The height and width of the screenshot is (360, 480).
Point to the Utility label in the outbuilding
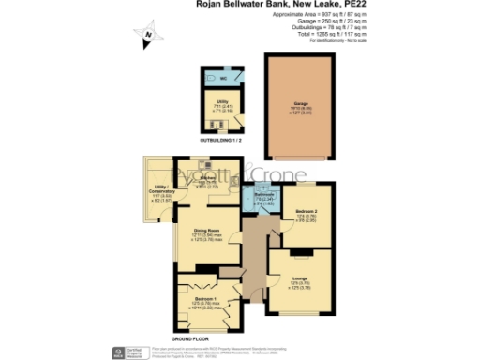[223, 100]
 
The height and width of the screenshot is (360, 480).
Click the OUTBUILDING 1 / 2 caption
[224, 140]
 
